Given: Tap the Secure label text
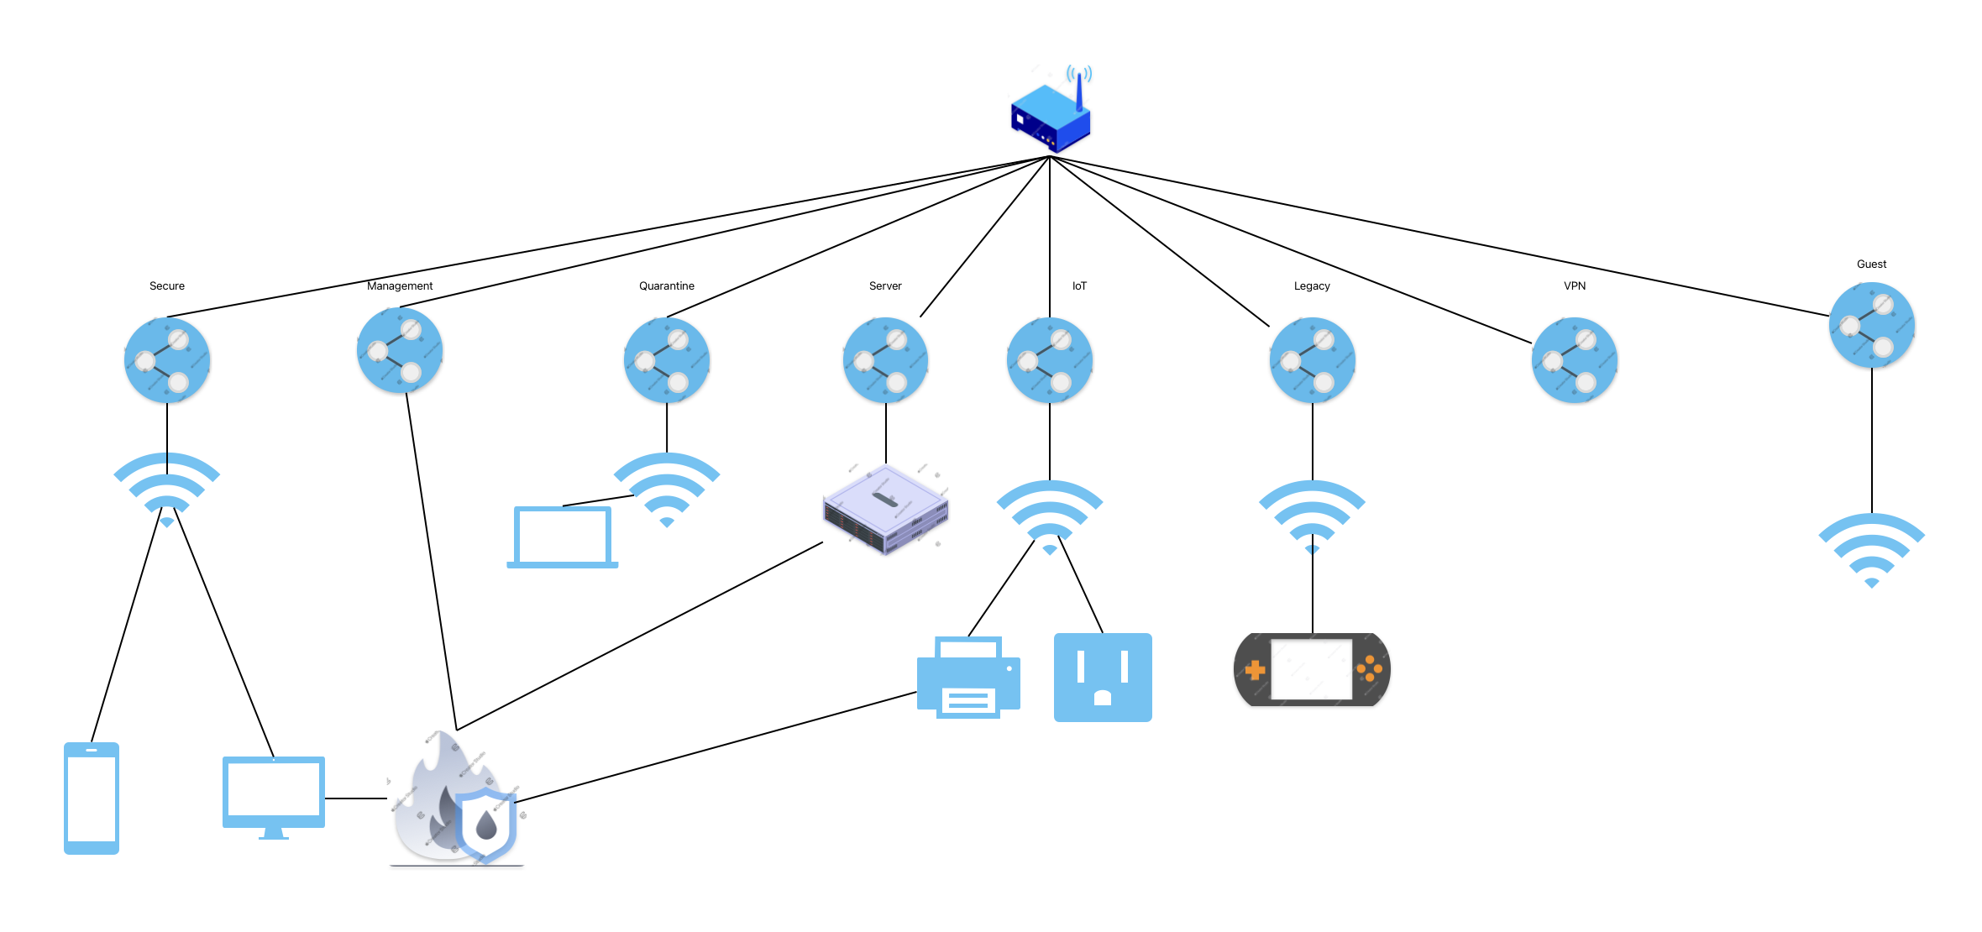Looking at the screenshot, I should [166, 285].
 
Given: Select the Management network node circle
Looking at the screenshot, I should [399, 350].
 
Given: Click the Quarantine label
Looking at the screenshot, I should [666, 285].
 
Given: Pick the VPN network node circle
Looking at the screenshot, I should [1574, 360].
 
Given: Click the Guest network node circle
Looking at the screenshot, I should [1871, 325].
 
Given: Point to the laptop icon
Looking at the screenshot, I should [563, 537].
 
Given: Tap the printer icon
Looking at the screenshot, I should [968, 678].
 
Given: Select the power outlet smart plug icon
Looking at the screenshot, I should [1103, 677].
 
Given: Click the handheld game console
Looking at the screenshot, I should [1312, 670].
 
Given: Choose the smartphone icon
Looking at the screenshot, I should [92, 798].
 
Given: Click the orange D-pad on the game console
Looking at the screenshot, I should [1256, 670].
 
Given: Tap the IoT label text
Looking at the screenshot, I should [1079, 285].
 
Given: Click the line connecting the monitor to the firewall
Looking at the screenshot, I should [356, 798].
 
